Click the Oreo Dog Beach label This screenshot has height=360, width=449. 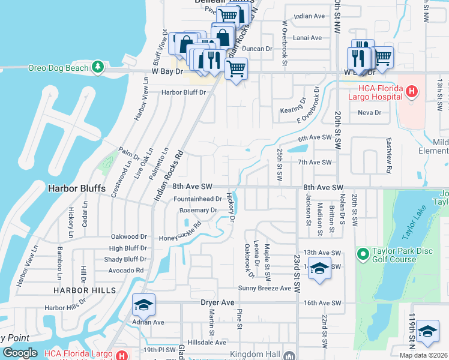point(58,68)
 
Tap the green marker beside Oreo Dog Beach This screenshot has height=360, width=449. point(98,67)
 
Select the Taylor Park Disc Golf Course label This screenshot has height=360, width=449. point(394,255)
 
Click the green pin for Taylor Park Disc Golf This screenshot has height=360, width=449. point(363,254)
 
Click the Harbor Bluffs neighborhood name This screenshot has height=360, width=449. point(76,188)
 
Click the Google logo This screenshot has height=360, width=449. point(20,353)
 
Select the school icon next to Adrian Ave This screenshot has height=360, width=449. point(143,305)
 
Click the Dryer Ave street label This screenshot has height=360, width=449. point(216,303)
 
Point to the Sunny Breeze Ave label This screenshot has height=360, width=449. point(265,288)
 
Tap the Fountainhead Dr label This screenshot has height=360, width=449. point(197,199)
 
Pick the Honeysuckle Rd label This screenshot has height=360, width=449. point(179,233)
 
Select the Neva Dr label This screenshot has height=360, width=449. point(369,112)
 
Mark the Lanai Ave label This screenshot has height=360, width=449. point(307,38)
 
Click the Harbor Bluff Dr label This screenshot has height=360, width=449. point(182,92)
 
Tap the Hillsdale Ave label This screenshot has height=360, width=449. point(206,342)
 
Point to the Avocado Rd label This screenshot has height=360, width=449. point(126,270)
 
